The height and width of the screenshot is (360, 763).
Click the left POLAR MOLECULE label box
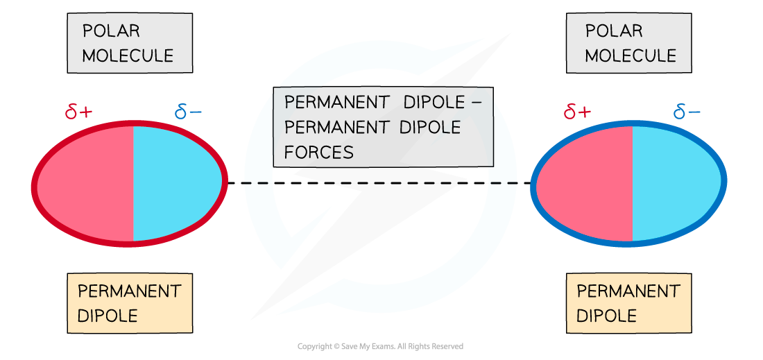click(x=130, y=43)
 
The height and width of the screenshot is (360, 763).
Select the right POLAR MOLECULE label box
click(x=628, y=43)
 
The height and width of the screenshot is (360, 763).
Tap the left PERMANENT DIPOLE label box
click(x=130, y=303)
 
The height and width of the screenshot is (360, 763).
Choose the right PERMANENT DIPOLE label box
click(x=628, y=303)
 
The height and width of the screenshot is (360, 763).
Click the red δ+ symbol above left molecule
click(x=78, y=111)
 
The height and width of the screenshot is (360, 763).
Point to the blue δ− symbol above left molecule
click(x=189, y=111)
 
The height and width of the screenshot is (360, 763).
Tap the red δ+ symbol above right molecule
click(x=577, y=111)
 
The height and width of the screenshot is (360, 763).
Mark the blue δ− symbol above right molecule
click(x=687, y=111)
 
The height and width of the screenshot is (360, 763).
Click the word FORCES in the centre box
click(x=319, y=153)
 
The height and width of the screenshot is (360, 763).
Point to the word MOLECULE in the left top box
click(x=128, y=56)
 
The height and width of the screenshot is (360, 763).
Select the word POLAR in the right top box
click(x=614, y=31)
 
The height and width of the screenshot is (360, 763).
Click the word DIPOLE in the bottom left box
click(x=108, y=316)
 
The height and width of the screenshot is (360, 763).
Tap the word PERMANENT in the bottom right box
click(x=628, y=291)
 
